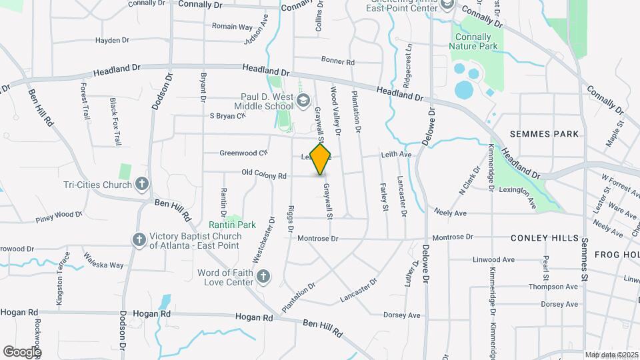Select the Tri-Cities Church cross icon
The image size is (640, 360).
pyautogui.click(x=141, y=183)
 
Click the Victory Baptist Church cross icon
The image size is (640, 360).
pyautogui.click(x=139, y=239)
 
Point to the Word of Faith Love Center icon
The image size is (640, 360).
pyautogui.click(x=263, y=276)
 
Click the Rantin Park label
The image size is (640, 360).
pyautogui.click(x=232, y=225)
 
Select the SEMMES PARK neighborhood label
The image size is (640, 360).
pyautogui.click(x=544, y=134)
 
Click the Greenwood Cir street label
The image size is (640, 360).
pyautogui.click(x=243, y=153)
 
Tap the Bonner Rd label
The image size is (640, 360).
pyautogui.click(x=337, y=61)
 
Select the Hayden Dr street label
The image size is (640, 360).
pyautogui.click(x=112, y=41)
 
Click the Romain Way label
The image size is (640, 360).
pyautogui.click(x=232, y=27)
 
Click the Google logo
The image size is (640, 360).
pyautogui.click(x=21, y=351)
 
